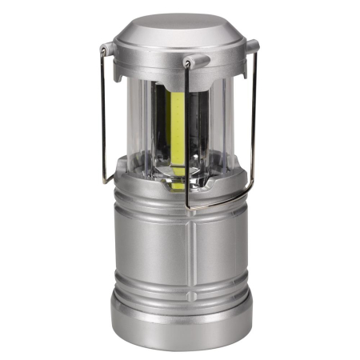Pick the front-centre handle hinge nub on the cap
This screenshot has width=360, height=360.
[x=195, y=61]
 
